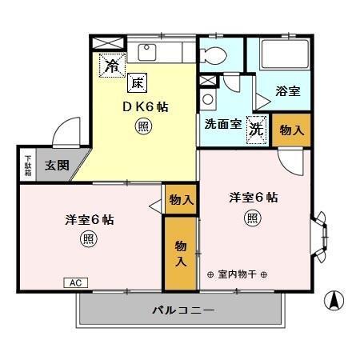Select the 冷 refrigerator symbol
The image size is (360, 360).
point(111,65)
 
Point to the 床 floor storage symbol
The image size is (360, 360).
point(137,82)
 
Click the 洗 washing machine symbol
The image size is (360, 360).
point(256,128)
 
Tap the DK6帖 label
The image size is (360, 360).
point(144,106)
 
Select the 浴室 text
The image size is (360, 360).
point(287,91)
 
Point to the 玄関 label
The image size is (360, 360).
point(56,166)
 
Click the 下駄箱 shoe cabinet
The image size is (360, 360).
point(27,166)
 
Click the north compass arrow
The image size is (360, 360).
point(334,302)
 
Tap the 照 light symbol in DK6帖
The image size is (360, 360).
point(142,126)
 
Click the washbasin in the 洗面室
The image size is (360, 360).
point(207,100)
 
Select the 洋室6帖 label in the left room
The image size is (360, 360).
point(89,219)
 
